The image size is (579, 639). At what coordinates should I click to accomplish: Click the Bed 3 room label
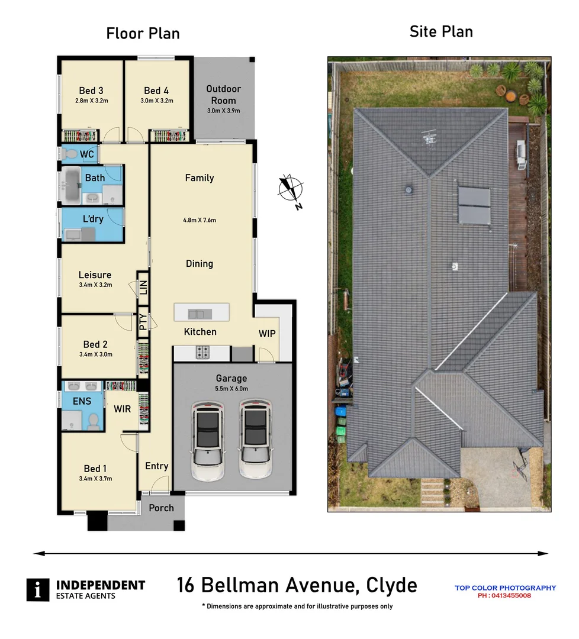(x=91, y=91)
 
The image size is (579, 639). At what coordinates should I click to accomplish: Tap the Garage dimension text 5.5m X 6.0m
(x=231, y=388)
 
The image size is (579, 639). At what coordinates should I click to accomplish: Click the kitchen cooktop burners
(x=202, y=352)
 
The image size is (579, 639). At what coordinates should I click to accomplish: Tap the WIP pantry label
(x=267, y=334)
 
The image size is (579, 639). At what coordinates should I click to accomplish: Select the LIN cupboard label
(x=143, y=287)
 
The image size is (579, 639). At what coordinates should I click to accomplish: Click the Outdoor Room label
(x=223, y=94)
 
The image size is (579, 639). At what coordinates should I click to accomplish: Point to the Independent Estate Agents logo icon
(x=38, y=589)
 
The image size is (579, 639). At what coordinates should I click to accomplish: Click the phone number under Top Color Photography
(x=504, y=596)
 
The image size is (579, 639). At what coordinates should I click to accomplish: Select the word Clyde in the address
(x=391, y=586)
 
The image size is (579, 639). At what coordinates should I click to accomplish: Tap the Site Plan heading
(x=441, y=31)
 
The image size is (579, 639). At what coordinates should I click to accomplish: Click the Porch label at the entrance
(x=161, y=508)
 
